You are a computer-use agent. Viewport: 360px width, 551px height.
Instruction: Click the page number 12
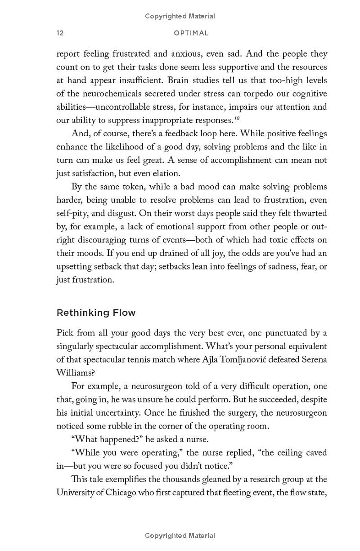(x=60, y=33)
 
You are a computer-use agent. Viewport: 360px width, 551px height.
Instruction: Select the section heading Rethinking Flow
(x=96, y=313)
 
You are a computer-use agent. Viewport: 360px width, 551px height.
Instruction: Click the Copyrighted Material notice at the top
(x=180, y=16)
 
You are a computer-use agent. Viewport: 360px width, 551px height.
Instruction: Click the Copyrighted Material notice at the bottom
(x=180, y=535)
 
